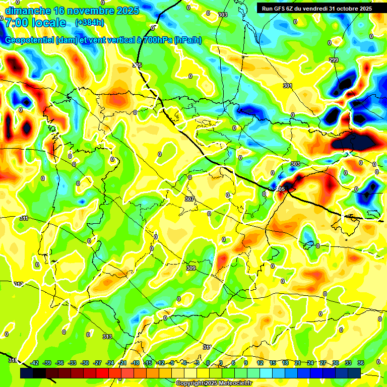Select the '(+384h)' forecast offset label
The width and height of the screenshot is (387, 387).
pyautogui.click(x=89, y=23)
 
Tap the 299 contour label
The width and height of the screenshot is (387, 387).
pyautogui.click(x=334, y=60)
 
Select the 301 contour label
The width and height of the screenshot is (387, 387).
pyautogui.click(x=287, y=86)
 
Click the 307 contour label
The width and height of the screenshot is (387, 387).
pyautogui.click(x=189, y=200)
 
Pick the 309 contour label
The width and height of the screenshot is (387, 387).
pyautogui.click(x=191, y=269)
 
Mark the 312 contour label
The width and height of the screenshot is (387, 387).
pyautogui.click(x=19, y=285)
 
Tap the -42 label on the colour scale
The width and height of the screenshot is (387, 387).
pyautogui.click(x=35, y=363)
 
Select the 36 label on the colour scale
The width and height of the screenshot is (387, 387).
pyautogui.click(x=360, y=363)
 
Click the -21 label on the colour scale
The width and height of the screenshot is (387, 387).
pyautogui.click(x=122, y=363)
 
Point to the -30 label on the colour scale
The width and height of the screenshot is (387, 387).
pyautogui.click(x=85, y=363)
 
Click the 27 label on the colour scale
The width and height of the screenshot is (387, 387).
pyautogui.click(x=322, y=363)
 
